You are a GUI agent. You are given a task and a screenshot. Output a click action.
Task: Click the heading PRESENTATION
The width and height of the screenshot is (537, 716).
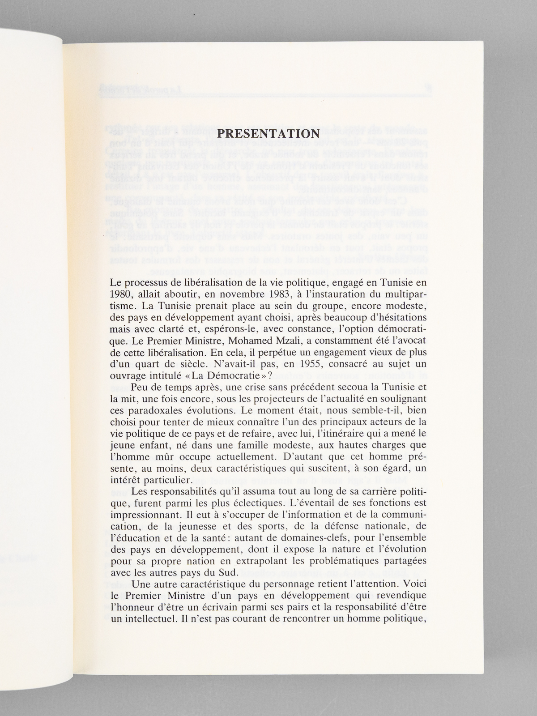(x=267, y=134)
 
